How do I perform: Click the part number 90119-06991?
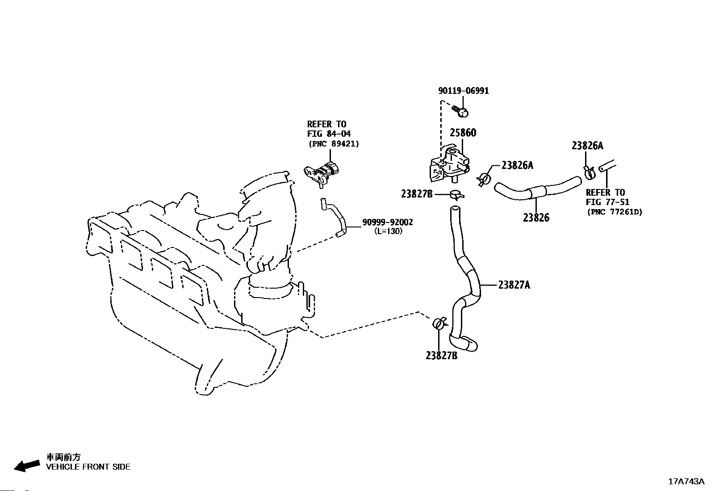[x=464, y=91]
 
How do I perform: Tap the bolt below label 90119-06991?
[x=460, y=111]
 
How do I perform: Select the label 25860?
[x=463, y=133]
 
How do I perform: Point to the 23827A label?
[x=514, y=285]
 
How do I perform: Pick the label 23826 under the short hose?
[x=536, y=218]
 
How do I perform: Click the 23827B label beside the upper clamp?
[x=417, y=194]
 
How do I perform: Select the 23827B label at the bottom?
[x=442, y=355]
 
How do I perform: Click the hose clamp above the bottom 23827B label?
[x=439, y=323]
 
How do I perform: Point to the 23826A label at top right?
[x=587, y=146]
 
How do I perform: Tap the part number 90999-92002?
[x=388, y=222]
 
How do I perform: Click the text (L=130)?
[x=388, y=231]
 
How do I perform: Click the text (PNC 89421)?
[x=334, y=144]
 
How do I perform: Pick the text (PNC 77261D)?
[x=615, y=212]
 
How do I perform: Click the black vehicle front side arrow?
[x=27, y=466]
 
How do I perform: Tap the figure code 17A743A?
[x=686, y=482]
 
